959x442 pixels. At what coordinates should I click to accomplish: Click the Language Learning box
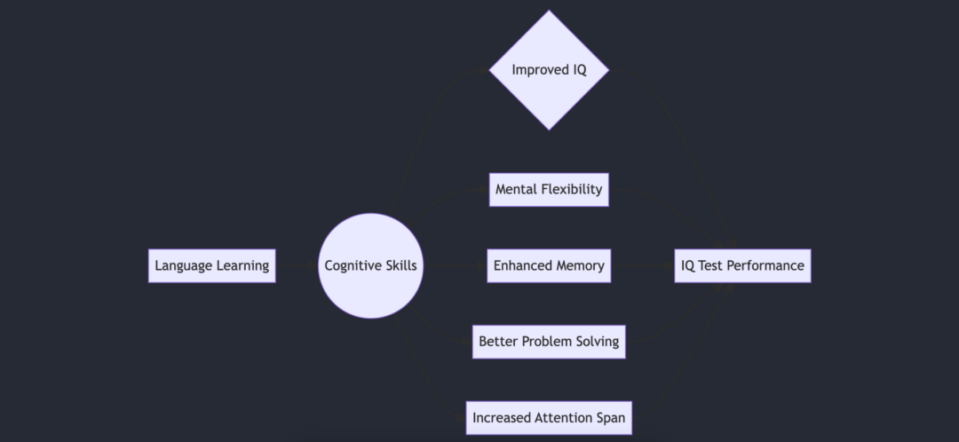tap(211, 265)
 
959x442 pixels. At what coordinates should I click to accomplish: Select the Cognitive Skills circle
tap(370, 265)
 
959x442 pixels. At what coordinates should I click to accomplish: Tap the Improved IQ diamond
tap(549, 70)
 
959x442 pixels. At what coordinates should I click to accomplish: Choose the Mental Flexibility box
tap(549, 189)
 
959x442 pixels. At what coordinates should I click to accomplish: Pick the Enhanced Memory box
tap(549, 265)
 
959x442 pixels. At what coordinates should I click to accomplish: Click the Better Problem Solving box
tap(549, 342)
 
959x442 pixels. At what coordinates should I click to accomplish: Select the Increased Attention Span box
tap(549, 418)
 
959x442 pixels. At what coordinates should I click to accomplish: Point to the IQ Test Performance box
tap(742, 265)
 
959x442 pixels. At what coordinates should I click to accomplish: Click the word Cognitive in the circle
tap(352, 265)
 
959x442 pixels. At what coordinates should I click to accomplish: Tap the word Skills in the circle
tap(400, 265)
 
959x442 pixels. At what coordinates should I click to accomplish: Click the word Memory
tap(581, 265)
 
